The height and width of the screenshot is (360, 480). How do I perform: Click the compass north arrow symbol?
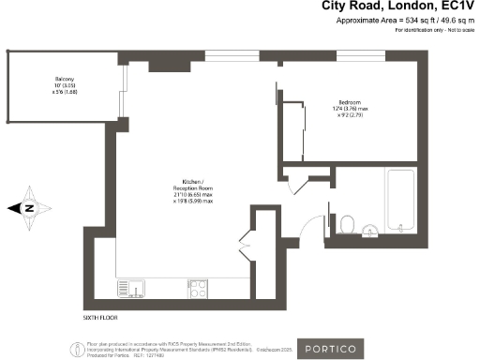click(29, 208)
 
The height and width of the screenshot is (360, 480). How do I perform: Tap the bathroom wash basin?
click(368, 228)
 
